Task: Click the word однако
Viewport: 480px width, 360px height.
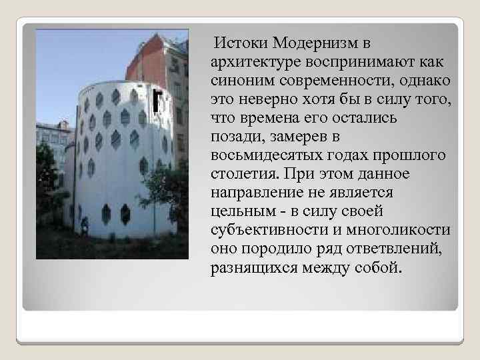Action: pos(425,81)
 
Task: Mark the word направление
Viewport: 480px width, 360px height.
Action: pos(254,193)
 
